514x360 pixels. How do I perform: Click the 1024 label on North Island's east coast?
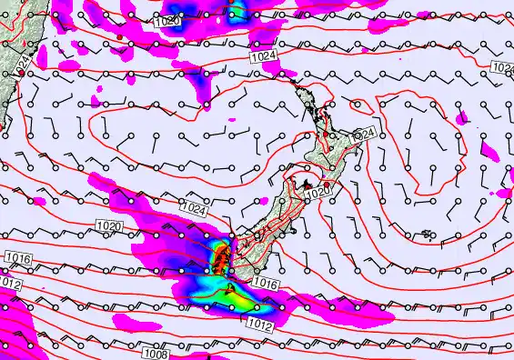[x=362, y=134]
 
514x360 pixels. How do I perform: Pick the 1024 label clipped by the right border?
[x=503, y=68]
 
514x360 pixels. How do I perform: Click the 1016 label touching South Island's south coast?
[x=265, y=284]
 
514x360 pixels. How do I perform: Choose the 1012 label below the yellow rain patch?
[x=260, y=323]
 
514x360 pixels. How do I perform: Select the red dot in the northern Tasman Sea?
[x=118, y=36]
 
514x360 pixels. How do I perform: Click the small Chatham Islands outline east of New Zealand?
[x=428, y=236]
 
